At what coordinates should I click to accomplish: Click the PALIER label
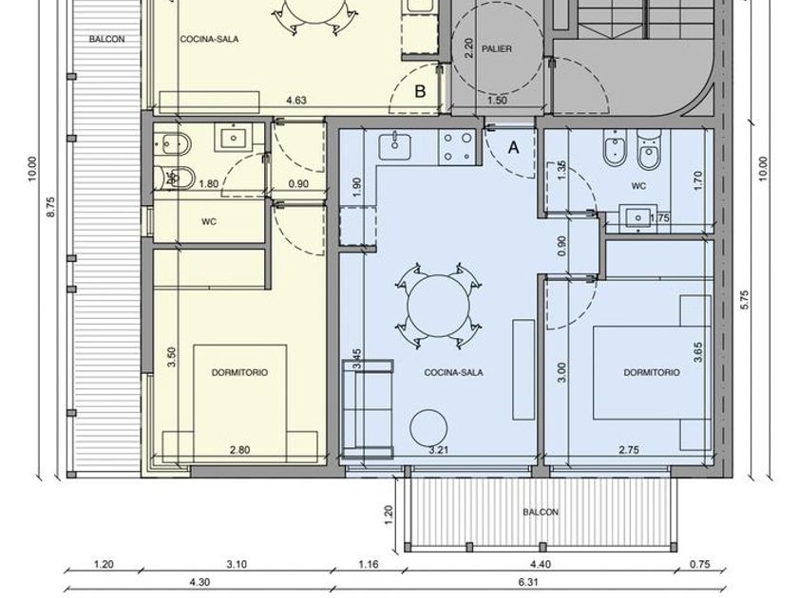pos(496,48)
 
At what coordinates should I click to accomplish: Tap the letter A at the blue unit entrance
pos(514,147)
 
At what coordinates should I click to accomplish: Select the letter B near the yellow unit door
pos(420,91)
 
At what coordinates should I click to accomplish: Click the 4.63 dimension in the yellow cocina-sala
pos(296,101)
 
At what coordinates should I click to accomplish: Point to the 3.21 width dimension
pos(438,450)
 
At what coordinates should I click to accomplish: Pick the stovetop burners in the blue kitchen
pos(457,147)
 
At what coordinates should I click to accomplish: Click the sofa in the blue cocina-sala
pos(368,409)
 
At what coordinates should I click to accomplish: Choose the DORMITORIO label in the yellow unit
pos(239,372)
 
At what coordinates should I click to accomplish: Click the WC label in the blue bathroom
pos(638,186)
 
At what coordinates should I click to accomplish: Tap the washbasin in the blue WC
pos(637,217)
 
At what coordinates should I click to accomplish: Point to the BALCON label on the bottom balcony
pos(541,512)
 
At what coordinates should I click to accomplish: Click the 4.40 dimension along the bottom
pos(540,564)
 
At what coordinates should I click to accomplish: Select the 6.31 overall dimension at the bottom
pos(528,582)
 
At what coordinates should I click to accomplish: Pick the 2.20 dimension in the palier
pos(469,48)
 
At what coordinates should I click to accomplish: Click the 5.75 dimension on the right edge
pos(745,300)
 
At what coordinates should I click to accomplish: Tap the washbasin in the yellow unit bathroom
pos(234,138)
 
